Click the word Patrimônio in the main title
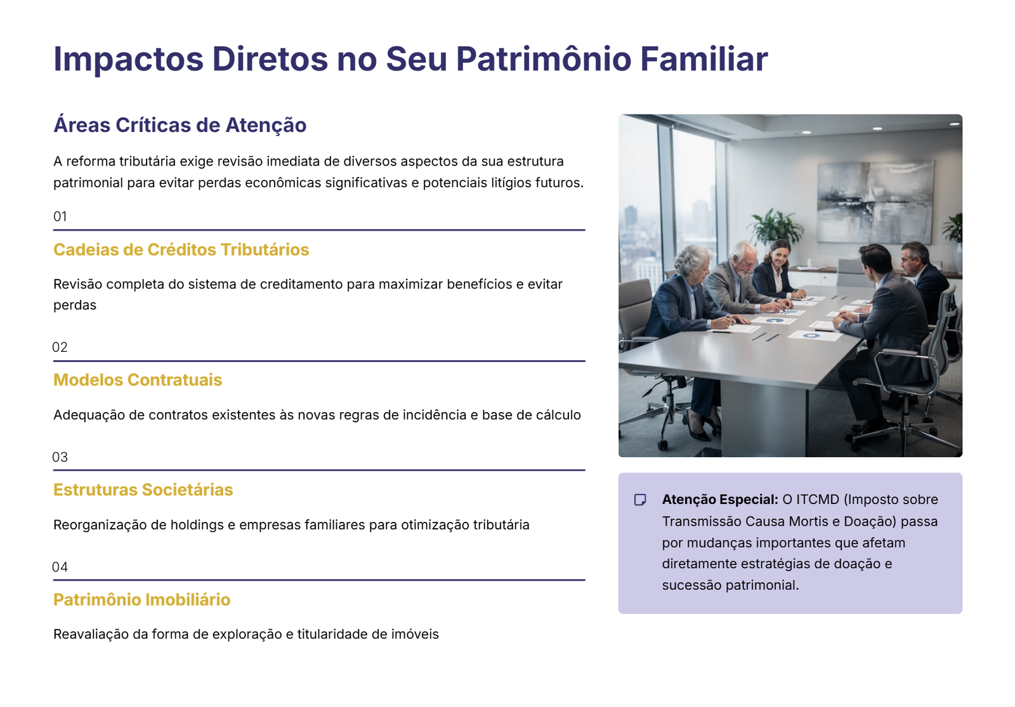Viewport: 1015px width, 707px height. [543, 59]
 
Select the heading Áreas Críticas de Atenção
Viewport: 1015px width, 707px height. [180, 125]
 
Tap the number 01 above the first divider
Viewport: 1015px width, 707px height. [60, 217]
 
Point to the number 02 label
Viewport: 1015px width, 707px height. [60, 347]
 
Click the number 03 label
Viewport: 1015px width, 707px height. [60, 457]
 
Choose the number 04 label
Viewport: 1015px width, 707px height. [60, 567]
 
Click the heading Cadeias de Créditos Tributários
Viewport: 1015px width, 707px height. [181, 250]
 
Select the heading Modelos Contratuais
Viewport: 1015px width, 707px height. [138, 380]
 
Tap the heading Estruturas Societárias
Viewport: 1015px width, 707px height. [143, 490]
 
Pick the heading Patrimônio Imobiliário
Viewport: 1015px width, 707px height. [141, 600]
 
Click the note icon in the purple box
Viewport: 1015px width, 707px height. [640, 500]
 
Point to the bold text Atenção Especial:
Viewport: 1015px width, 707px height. [719, 500]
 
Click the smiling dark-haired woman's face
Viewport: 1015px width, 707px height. [780, 255]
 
